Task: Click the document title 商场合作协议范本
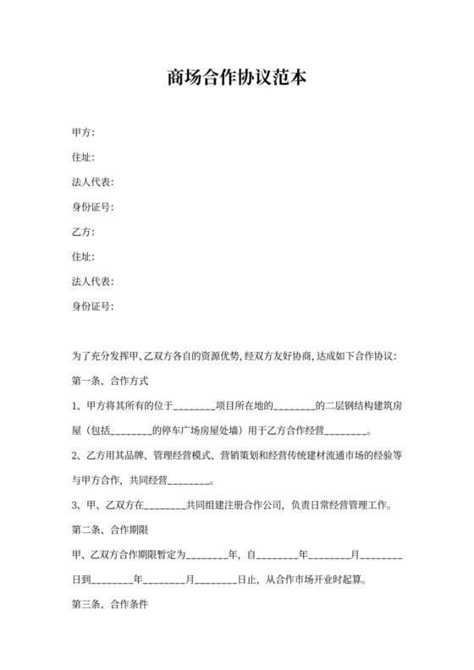point(236,79)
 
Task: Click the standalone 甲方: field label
point(83,133)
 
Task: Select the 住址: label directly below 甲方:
point(83,157)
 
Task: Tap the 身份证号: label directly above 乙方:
point(92,206)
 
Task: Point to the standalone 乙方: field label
point(83,232)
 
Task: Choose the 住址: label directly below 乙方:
point(83,256)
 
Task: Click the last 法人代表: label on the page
point(92,281)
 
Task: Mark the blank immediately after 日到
point(112,580)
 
